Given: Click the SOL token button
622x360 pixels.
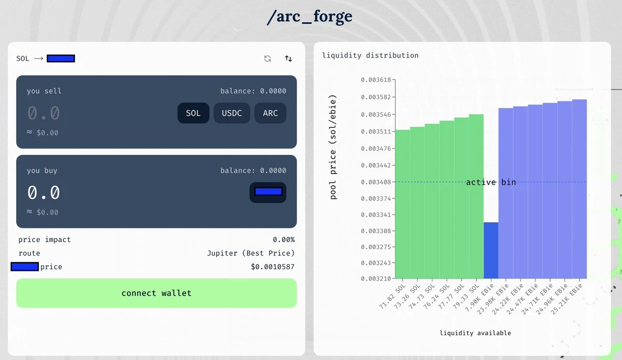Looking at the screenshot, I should pos(193,113).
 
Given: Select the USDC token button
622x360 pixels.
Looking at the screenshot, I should pos(232,113).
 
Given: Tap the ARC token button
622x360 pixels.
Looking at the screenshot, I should pos(270,113).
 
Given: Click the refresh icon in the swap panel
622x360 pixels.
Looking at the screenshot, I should pos(267,59).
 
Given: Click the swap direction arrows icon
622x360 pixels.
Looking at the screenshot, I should pos(288,59).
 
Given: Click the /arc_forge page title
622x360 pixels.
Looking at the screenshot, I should pos(309,17).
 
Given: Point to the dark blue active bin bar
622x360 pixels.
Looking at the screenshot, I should pos(491,250).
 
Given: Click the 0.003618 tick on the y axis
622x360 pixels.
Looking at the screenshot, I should pos(377,80).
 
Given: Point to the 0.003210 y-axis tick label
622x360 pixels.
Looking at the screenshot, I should pos(377,278).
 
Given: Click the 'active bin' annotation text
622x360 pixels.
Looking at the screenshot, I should pos(490,182).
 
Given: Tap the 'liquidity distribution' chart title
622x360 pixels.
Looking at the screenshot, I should pos(370,55).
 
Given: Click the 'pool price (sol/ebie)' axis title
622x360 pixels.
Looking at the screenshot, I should pos(333,147).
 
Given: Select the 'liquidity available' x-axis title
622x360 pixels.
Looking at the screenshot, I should pos(475,333).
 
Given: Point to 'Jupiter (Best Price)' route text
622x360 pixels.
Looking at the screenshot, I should pos(250,253).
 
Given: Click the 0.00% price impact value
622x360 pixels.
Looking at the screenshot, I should pos(284,240).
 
